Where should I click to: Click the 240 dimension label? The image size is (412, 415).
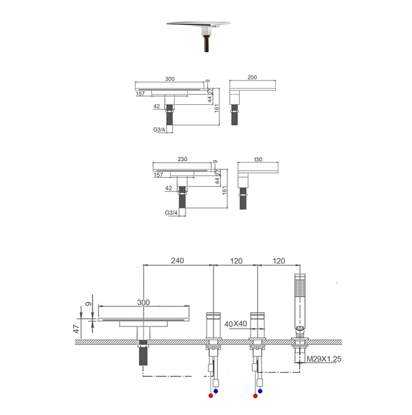pyautogui.click(x=177, y=261)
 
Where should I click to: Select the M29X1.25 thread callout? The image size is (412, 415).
pyautogui.click(x=324, y=359)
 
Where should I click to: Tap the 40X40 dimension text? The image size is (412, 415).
pyautogui.click(x=236, y=324)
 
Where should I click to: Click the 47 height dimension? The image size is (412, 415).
pyautogui.click(x=76, y=329)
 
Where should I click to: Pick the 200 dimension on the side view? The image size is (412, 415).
pyautogui.click(x=252, y=77)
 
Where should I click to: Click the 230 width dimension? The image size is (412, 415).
pyautogui.click(x=182, y=159)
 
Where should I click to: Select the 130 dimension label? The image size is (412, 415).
pyautogui.click(x=258, y=160)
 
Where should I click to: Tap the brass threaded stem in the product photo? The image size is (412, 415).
pyautogui.click(x=207, y=44)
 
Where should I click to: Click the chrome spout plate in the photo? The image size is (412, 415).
pyautogui.click(x=199, y=24)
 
